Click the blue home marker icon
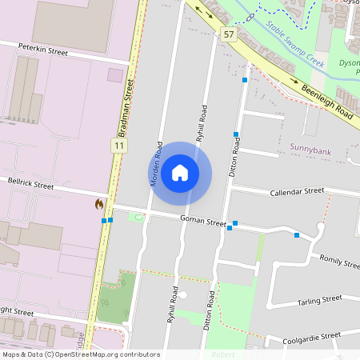180,173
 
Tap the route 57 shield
230,34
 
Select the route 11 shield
118,146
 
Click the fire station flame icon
99,205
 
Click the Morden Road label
158,164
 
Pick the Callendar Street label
297,192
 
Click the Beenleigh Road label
327,101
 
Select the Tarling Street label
319,299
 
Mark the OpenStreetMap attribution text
80,354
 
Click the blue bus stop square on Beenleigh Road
245,80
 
